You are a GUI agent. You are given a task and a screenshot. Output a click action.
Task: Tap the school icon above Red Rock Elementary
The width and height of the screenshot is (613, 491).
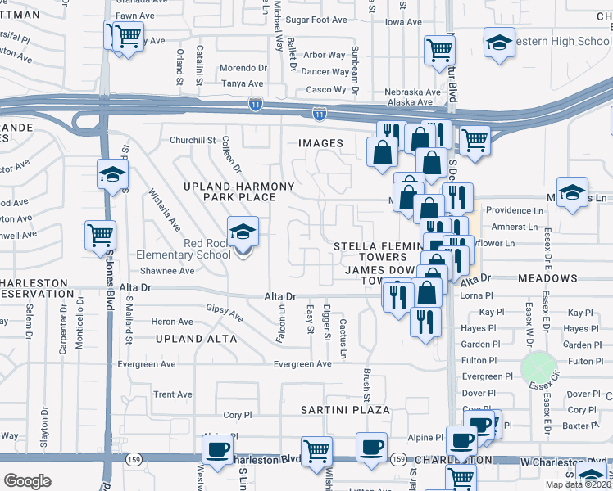pyautogui.click(x=243, y=233)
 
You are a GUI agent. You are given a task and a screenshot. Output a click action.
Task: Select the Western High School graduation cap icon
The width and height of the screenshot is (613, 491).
pyautogui.click(x=499, y=44)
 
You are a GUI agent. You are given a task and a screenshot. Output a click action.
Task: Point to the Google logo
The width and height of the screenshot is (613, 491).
pyautogui.click(x=27, y=480)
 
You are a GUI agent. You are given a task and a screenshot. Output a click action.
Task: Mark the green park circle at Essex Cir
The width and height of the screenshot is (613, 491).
pyautogui.click(x=538, y=367)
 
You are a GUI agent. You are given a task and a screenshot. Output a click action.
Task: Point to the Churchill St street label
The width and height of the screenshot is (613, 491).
pyautogui.click(x=192, y=140)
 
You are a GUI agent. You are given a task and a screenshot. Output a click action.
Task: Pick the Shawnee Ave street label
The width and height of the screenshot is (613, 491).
pyautogui.click(x=167, y=271)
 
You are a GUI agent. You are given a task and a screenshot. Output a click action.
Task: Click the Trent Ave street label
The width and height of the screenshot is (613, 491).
pyautogui.click(x=173, y=394)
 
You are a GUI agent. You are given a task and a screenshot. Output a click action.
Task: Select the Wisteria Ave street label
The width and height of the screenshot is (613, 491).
pyautogui.click(x=165, y=209)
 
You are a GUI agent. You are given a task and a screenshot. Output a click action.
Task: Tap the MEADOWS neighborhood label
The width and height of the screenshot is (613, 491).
pyautogui.click(x=547, y=278)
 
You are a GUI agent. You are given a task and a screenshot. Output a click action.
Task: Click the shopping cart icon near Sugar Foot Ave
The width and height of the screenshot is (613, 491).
pyautogui.click(x=439, y=51)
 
